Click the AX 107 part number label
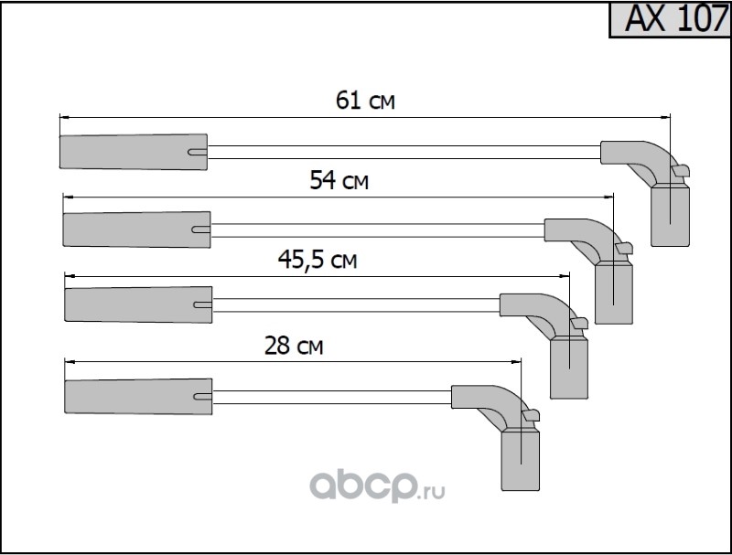[675, 18]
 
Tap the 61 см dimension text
[365, 101]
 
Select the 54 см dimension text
[339, 180]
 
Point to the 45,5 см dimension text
[318, 260]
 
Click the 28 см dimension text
[294, 346]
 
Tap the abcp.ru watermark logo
[377, 486]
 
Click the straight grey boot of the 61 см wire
[134, 152]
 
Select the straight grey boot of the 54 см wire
[136, 229]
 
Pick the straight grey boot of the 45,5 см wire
[138, 304]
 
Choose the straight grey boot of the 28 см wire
[138, 397]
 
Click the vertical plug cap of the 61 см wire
[670, 216]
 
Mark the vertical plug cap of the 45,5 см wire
[569, 368]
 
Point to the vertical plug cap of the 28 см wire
[520, 460]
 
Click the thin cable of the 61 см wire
[404, 152]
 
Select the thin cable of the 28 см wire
[332, 398]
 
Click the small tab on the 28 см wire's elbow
[532, 415]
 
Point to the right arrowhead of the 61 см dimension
[666, 118]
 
